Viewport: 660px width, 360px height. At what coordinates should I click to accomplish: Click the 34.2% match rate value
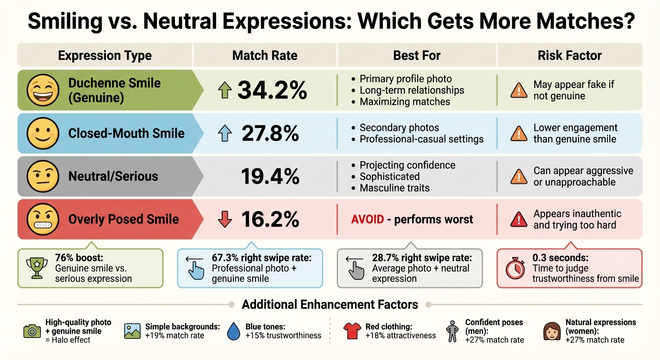[x=272, y=90]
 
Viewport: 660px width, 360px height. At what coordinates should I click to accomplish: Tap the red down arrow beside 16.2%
[x=225, y=219]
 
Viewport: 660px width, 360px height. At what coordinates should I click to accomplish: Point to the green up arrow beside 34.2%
[x=225, y=90]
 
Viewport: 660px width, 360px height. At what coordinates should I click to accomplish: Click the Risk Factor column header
[x=570, y=55]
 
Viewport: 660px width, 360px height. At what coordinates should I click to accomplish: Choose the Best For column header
[x=417, y=55]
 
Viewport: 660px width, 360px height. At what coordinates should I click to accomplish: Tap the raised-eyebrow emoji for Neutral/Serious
[x=43, y=176]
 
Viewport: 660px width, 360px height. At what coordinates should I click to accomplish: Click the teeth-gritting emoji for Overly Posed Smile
[x=43, y=219]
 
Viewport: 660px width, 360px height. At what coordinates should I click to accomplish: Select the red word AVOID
[x=368, y=219]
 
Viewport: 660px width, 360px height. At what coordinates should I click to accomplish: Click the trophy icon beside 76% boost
[x=36, y=269]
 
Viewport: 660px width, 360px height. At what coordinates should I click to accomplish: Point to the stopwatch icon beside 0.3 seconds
[x=515, y=269]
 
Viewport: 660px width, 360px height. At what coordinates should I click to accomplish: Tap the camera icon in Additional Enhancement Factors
[x=32, y=331]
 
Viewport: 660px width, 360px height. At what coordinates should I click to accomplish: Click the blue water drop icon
[x=233, y=331]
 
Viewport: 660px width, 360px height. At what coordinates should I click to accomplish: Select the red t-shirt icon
[x=352, y=331]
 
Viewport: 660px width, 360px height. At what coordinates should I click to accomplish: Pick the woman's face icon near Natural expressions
[x=551, y=331]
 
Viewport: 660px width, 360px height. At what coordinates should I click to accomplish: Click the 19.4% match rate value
[x=270, y=176]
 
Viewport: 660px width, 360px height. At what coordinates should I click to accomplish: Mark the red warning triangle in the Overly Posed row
[x=518, y=219]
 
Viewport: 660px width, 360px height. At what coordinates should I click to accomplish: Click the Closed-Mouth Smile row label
[x=126, y=133]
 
